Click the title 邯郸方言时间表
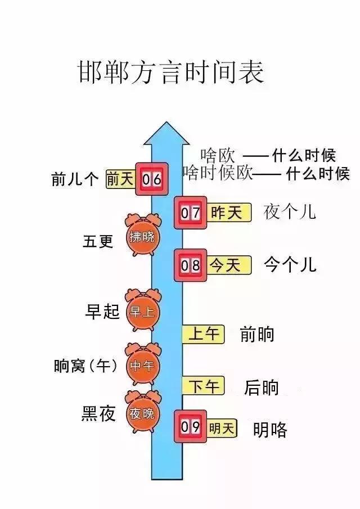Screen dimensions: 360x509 [x=170, y=73]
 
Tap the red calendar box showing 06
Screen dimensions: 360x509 [x=151, y=179]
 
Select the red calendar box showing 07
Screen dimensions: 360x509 [x=190, y=213]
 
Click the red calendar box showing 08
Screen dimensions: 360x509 [x=190, y=264]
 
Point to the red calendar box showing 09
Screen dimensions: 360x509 [x=190, y=427]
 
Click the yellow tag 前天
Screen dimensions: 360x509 [x=120, y=179]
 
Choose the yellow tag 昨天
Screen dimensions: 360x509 [x=226, y=213]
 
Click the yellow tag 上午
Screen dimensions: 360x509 [x=203, y=334]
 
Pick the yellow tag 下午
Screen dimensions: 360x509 [x=203, y=386]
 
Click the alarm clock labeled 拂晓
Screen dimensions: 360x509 [x=142, y=236]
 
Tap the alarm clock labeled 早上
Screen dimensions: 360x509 [x=142, y=311]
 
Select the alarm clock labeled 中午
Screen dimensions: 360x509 [x=142, y=365]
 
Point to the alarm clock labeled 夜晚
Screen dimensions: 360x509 [x=142, y=414]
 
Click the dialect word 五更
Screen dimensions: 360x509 [x=98, y=241]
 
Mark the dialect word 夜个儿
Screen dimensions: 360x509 [x=290, y=212]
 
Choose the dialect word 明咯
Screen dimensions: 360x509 [x=270, y=430]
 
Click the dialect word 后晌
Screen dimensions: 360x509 [x=262, y=387]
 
